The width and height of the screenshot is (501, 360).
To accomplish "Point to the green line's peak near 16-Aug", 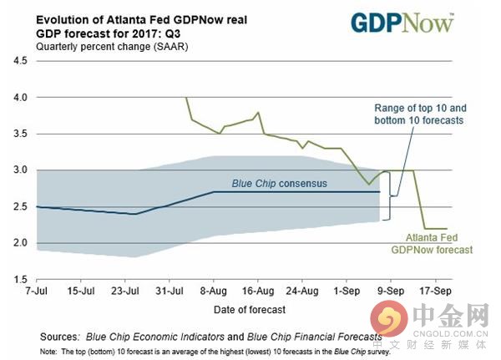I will [258, 113].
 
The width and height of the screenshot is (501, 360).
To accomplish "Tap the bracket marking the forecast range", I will [387, 195].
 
